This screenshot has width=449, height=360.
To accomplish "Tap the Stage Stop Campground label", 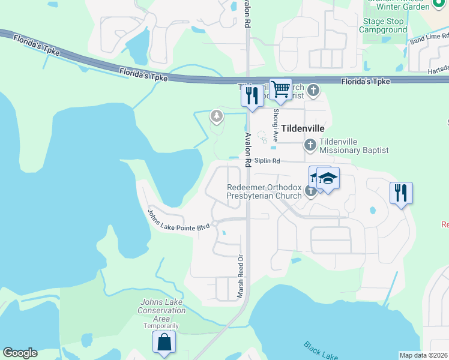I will [x=382, y=25].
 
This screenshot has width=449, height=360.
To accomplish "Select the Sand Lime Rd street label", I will [x=425, y=40].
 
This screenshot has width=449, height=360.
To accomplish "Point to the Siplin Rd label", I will [x=267, y=161].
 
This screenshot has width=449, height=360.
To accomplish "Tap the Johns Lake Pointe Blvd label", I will [x=178, y=219].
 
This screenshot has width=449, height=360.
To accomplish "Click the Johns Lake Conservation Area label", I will [x=161, y=310].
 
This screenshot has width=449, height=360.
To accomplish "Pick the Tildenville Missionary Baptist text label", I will [x=354, y=146].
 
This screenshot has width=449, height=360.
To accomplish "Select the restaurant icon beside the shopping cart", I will [x=252, y=95].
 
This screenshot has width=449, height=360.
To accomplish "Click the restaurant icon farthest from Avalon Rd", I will [x=401, y=193].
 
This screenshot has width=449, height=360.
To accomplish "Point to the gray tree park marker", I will [x=216, y=116].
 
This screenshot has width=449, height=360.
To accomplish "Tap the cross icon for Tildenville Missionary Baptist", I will [x=310, y=144].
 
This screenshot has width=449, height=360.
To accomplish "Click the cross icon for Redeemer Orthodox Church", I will [x=310, y=191].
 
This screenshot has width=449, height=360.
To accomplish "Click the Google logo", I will [x=20, y=353].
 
